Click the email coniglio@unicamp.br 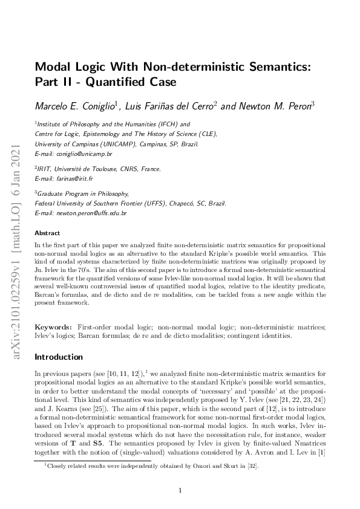pyautogui.click(x=82, y=154)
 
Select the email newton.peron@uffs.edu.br pyautogui.click(x=91, y=213)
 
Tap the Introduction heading pyautogui.click(x=59, y=357)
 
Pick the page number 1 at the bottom pyautogui.click(x=180, y=490)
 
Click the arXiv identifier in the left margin pyautogui.click(x=13, y=253)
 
